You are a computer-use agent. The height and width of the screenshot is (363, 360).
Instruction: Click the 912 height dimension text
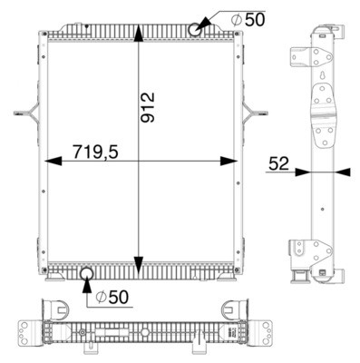(x=151, y=108)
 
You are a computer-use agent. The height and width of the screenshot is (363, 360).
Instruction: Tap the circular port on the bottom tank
(x=87, y=273)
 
